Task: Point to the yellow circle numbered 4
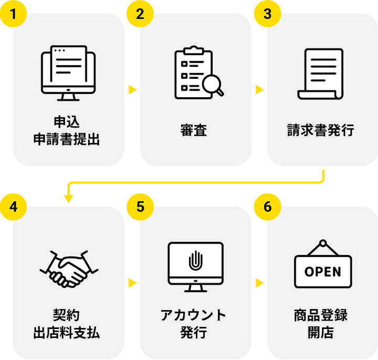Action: (x=13, y=206)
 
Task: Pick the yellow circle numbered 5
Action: (x=140, y=206)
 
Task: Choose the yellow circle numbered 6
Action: (x=267, y=206)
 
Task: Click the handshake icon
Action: (x=68, y=268)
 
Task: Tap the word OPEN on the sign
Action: (x=322, y=272)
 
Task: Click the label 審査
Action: (x=194, y=130)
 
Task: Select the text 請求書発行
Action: (x=321, y=130)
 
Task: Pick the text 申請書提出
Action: (x=67, y=140)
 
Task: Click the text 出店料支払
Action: (x=67, y=333)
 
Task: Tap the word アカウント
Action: (x=194, y=315)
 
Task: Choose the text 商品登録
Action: (x=321, y=315)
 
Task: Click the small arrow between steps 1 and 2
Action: (x=132, y=90)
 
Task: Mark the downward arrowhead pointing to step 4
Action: (x=68, y=199)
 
